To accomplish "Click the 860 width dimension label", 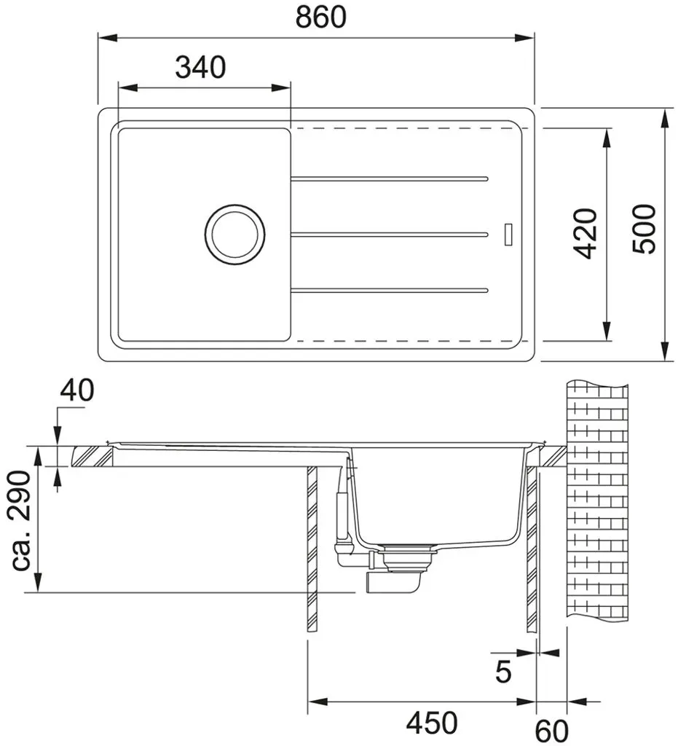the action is pyautogui.click(x=321, y=17).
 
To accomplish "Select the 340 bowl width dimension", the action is pyautogui.click(x=201, y=67).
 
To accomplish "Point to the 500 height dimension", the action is pyautogui.click(x=644, y=229).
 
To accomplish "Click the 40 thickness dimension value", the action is pyautogui.click(x=77, y=390).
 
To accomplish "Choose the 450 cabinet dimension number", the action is pyautogui.click(x=432, y=723).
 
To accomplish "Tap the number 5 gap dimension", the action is pyautogui.click(x=503, y=672).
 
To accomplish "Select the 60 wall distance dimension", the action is pyautogui.click(x=552, y=731).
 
